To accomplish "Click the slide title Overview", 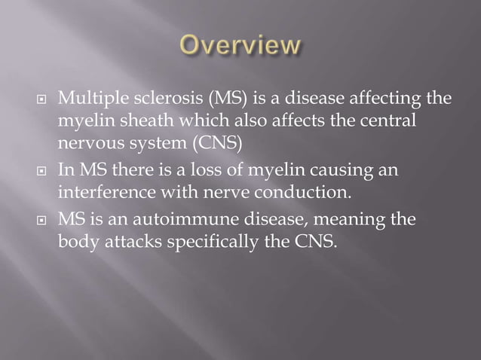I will [x=240, y=47].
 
